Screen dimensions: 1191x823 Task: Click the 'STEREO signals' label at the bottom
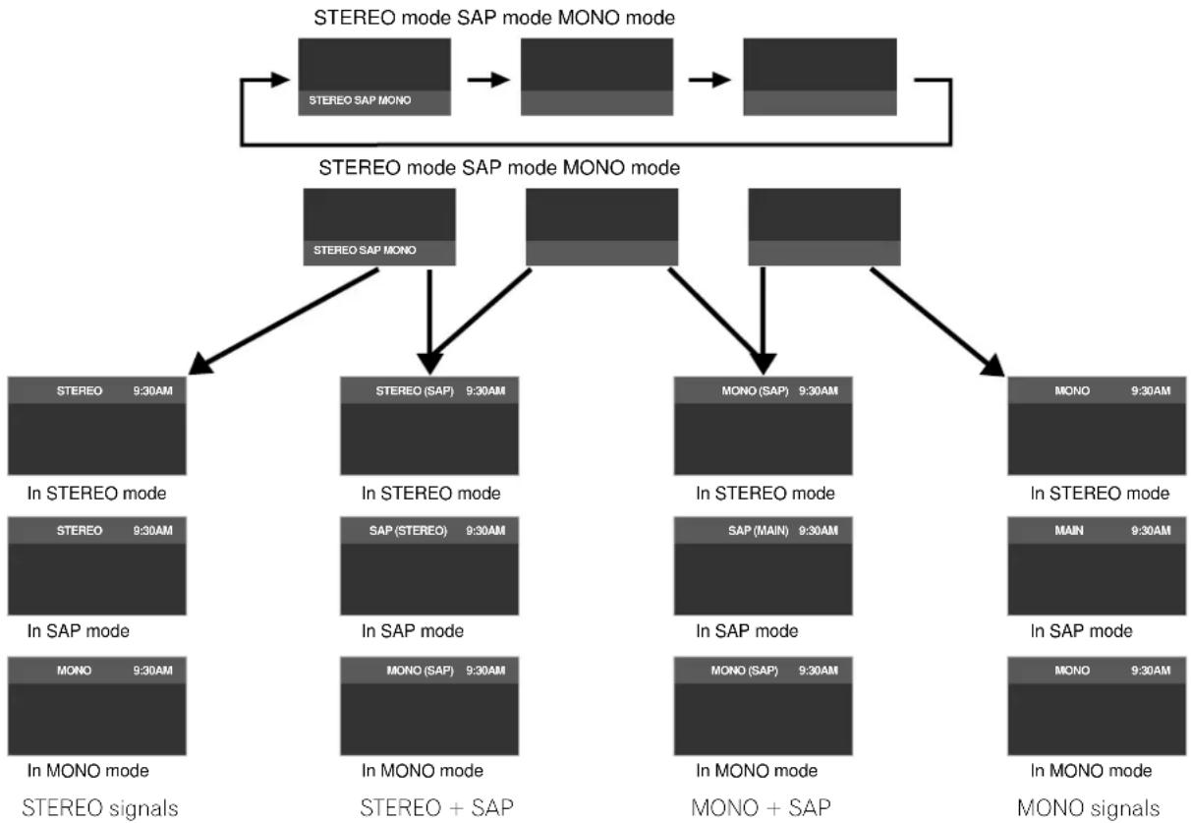click(x=100, y=807)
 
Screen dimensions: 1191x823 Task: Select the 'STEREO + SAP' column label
click(x=436, y=807)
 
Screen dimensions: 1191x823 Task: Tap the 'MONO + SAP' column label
click(x=761, y=807)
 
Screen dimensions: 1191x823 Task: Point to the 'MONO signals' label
click(x=1088, y=807)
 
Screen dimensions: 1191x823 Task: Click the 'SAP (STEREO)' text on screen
click(x=408, y=530)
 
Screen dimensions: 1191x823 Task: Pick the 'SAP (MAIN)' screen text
click(x=759, y=530)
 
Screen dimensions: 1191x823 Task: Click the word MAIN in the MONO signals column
click(x=1069, y=530)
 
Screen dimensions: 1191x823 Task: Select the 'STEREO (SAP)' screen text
click(x=415, y=390)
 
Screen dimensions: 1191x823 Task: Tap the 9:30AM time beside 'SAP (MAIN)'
click(x=819, y=530)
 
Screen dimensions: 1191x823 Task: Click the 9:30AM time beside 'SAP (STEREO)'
click(x=485, y=530)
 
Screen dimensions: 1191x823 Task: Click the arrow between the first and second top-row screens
click(x=488, y=80)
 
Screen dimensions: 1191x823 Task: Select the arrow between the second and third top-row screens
click(x=709, y=80)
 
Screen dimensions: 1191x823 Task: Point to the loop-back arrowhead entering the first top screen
click(x=280, y=80)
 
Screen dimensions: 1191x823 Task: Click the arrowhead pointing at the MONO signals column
click(x=993, y=366)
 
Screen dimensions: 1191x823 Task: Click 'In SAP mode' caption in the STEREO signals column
click(x=79, y=631)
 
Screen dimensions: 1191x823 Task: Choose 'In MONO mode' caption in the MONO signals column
click(x=1091, y=770)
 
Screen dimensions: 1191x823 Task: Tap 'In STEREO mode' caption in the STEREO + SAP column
click(x=430, y=494)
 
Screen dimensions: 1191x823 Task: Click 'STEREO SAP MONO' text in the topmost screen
click(x=360, y=100)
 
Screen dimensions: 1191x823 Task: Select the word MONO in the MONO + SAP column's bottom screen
click(x=728, y=671)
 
